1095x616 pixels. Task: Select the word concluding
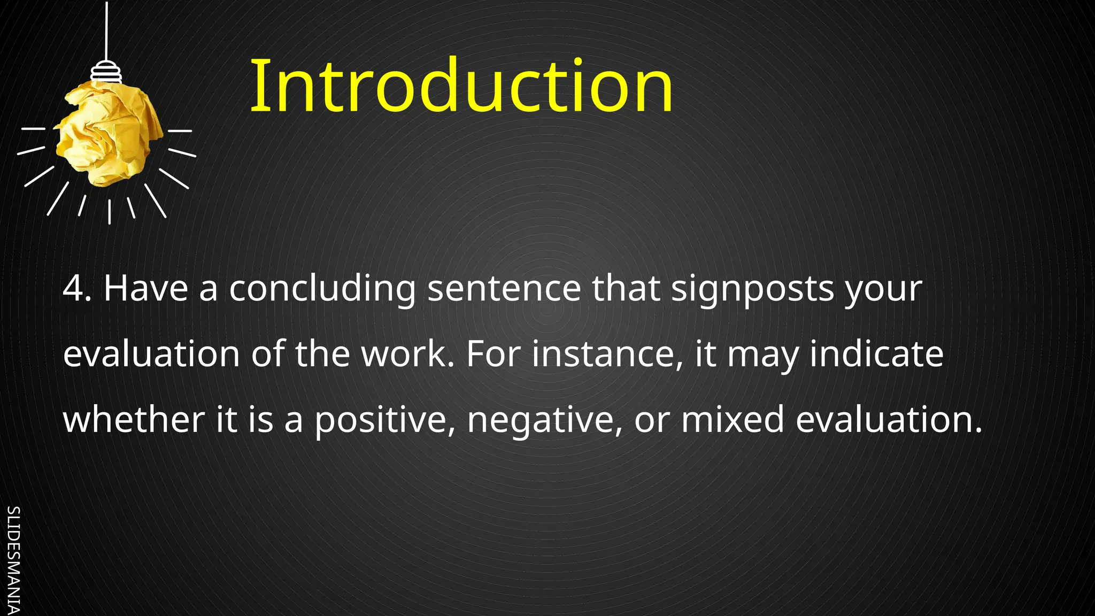pyautogui.click(x=322, y=289)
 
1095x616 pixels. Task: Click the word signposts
pyautogui.click(x=752, y=289)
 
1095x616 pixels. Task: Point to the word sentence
pyautogui.click(x=504, y=289)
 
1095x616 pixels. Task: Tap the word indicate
pyautogui.click(x=876, y=355)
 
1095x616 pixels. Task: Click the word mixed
pyautogui.click(x=732, y=420)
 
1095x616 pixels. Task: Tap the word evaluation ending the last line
pyautogui.click(x=888, y=420)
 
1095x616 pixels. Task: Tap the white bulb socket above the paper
pyautogui.click(x=106, y=72)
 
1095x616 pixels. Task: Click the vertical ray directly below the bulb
pyautogui.click(x=110, y=212)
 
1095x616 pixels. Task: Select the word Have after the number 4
pyautogui.click(x=145, y=289)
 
